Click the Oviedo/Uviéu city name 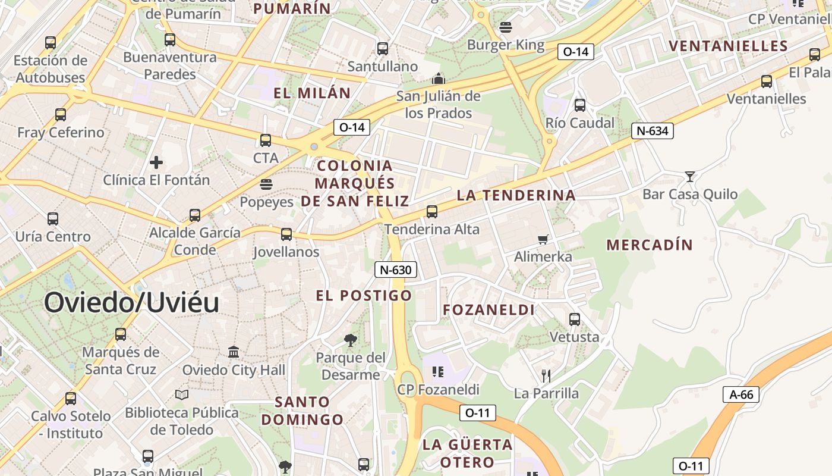point(131,302)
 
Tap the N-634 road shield point(652,131)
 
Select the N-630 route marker point(395,270)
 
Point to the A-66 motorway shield point(741,394)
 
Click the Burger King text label point(506,45)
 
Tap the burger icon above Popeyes point(266,184)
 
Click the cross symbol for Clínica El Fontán point(156,162)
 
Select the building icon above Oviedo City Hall point(234,352)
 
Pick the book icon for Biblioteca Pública point(182,394)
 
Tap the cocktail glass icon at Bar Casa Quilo point(689,176)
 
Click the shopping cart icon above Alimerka point(543,239)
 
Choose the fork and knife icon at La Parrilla point(546,375)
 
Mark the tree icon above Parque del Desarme point(351,340)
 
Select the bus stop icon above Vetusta point(575,319)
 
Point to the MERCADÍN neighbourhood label point(650,245)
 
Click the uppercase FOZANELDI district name point(489,309)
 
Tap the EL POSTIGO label point(364,295)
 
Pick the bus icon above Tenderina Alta point(432,211)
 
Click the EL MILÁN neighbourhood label point(312,93)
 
